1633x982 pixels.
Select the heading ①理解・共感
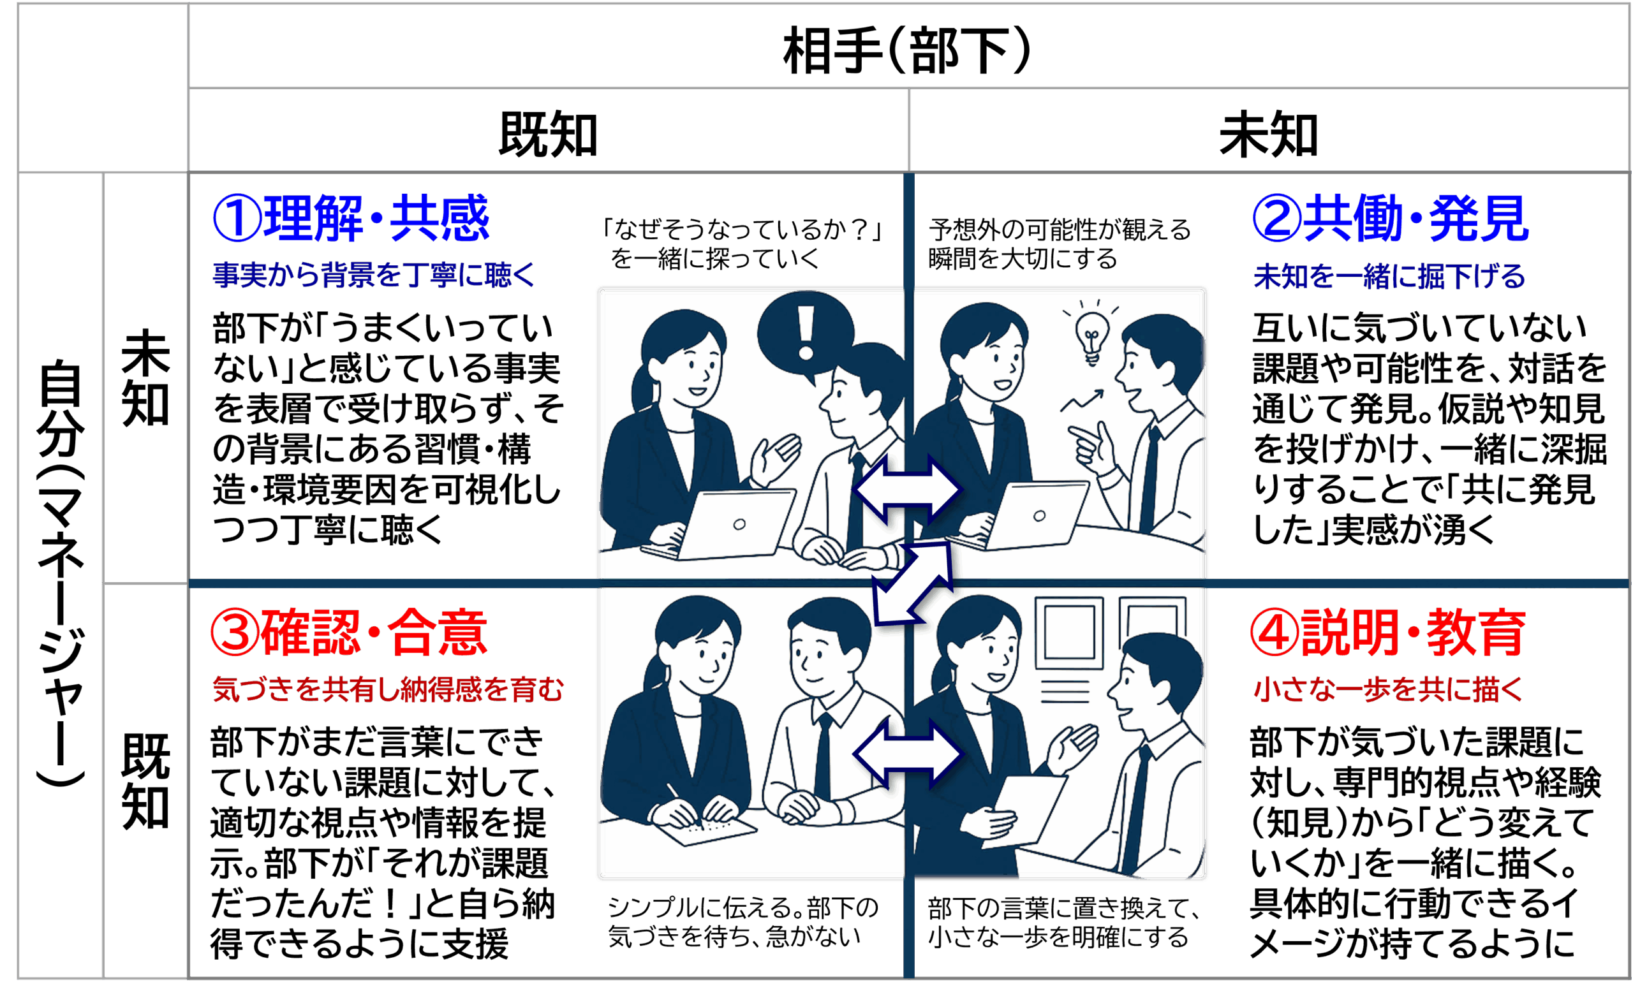[x=351, y=218]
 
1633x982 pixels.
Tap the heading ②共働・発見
[x=1390, y=218]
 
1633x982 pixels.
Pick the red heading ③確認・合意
[x=350, y=633]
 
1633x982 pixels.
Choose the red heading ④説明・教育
[x=1388, y=633]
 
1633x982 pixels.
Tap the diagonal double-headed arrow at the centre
[x=912, y=583]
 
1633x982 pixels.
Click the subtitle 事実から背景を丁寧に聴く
[x=374, y=275]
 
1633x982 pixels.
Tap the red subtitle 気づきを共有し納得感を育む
[x=387, y=689]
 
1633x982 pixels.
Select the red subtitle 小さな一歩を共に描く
[x=1387, y=689]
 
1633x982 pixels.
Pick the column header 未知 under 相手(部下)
[x=1268, y=135]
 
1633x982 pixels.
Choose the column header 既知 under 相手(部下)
[x=548, y=135]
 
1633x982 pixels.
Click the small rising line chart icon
[x=1082, y=401]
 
